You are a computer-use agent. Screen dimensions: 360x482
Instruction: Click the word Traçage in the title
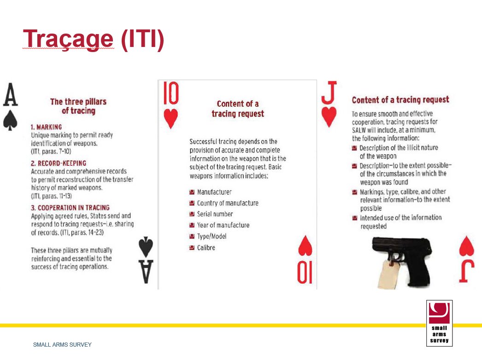(x=68, y=39)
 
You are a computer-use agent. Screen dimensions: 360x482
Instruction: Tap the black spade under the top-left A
(x=10, y=120)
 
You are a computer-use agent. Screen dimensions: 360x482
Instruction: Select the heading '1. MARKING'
(x=46, y=127)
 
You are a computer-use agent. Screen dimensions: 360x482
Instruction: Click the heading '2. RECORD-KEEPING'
(x=59, y=163)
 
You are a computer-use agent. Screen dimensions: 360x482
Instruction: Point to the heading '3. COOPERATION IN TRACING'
(x=70, y=208)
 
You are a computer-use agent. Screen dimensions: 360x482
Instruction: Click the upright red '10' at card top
(x=171, y=94)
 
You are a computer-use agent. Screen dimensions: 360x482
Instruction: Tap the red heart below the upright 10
(x=171, y=119)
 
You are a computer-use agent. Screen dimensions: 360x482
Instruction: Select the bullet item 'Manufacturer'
(x=214, y=192)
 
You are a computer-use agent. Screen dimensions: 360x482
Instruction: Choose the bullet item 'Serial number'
(x=215, y=214)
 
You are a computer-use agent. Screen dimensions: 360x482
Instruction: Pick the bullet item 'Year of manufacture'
(x=223, y=225)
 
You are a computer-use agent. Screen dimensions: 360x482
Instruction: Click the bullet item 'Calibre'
(x=206, y=248)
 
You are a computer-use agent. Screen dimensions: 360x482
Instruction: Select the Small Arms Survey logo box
(x=439, y=323)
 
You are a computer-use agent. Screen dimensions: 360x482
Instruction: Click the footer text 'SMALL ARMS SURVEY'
(x=62, y=345)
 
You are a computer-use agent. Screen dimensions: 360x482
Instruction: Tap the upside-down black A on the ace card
(x=146, y=271)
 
